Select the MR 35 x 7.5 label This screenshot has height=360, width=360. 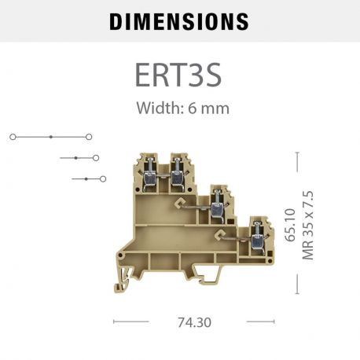click(x=307, y=225)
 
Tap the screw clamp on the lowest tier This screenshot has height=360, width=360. click(x=255, y=237)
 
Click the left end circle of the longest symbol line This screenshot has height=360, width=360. click(x=13, y=137)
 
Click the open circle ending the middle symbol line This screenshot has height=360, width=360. click(x=96, y=158)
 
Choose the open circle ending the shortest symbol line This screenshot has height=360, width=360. click(x=103, y=179)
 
